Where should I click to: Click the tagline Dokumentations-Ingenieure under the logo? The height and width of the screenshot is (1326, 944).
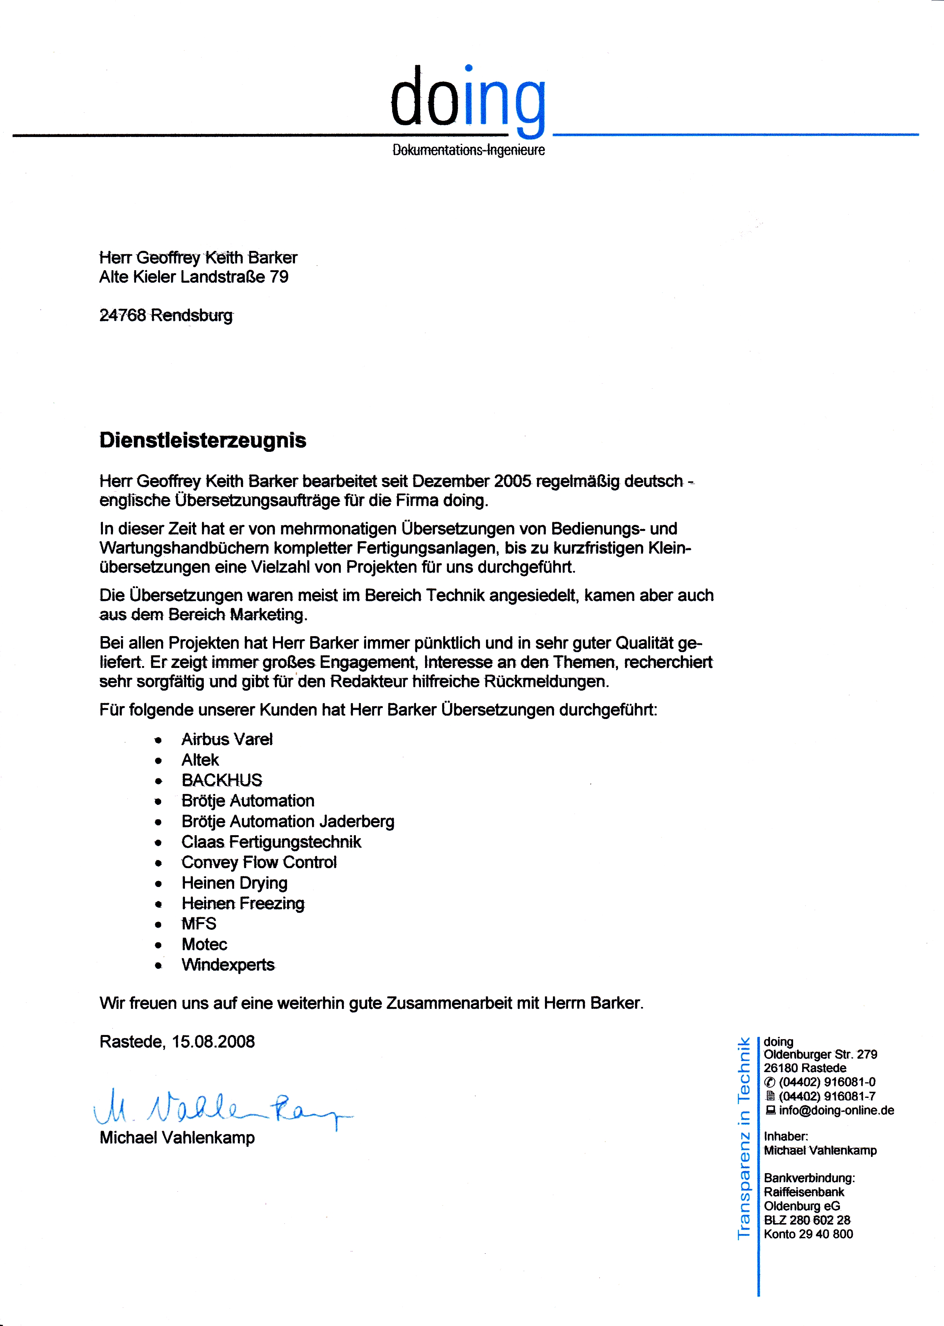pyautogui.click(x=469, y=150)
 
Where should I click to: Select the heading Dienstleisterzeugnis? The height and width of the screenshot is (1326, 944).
pyautogui.click(x=202, y=440)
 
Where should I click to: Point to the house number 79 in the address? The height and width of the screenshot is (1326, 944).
pyautogui.click(x=279, y=277)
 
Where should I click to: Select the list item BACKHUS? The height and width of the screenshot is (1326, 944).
pyautogui.click(x=222, y=780)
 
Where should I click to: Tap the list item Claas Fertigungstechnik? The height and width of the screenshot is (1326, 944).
pyautogui.click(x=271, y=842)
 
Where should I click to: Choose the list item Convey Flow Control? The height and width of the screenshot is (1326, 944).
pyautogui.click(x=259, y=862)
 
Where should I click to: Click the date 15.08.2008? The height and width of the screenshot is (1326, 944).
pyautogui.click(x=213, y=1041)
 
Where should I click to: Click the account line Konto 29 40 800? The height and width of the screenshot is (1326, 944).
pyautogui.click(x=808, y=1234)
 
